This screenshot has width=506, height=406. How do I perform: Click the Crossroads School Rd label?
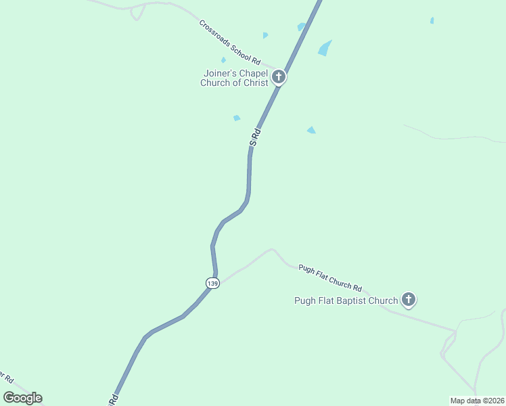click(x=230, y=41)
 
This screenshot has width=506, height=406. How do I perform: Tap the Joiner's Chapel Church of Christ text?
click(x=234, y=78)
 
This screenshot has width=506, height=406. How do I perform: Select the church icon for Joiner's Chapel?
click(x=279, y=77)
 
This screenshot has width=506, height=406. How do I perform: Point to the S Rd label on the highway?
click(x=255, y=136)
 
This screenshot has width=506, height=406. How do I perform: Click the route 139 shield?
click(x=212, y=284)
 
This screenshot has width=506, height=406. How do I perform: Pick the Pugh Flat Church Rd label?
click(x=331, y=277)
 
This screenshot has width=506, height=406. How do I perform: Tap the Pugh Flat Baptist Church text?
click(x=346, y=301)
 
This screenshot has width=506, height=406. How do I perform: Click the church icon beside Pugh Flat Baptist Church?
click(x=408, y=299)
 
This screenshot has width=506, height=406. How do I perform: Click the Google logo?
click(x=22, y=398)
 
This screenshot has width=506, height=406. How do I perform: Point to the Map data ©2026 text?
click(x=477, y=401)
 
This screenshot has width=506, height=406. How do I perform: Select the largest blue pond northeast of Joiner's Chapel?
click(x=325, y=48)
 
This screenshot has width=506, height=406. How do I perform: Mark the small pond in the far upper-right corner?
click(x=432, y=20)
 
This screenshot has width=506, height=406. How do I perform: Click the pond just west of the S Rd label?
click(x=237, y=118)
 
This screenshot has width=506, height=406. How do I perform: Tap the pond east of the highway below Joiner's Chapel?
click(x=311, y=130)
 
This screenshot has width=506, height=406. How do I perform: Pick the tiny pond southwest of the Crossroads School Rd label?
click(x=223, y=60)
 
